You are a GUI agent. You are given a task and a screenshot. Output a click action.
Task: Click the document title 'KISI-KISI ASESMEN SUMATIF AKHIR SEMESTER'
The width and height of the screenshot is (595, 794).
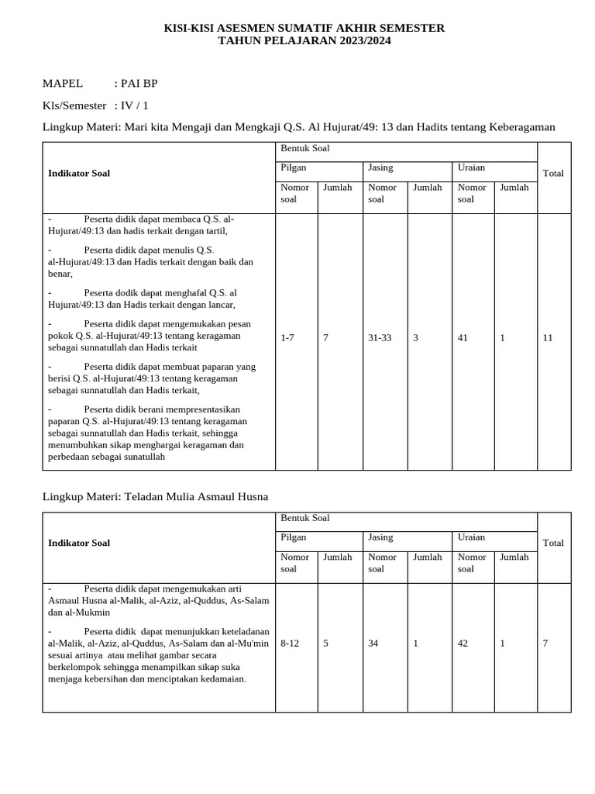tap(304, 28)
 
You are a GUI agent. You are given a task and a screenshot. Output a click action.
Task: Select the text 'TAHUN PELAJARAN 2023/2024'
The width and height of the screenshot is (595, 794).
tap(304, 41)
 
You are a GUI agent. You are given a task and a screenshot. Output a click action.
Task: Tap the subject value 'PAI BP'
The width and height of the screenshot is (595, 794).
tap(139, 84)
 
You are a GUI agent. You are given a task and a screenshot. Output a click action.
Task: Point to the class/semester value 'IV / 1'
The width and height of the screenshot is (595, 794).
tap(135, 105)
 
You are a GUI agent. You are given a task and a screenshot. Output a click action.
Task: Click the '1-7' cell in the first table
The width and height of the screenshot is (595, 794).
tap(287, 338)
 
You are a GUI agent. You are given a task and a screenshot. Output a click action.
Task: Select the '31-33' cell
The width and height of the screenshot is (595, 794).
tap(380, 338)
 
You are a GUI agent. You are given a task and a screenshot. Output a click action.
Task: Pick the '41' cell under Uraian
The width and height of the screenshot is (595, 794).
tap(463, 338)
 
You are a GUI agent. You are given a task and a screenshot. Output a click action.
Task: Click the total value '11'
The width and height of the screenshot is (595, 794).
tap(548, 338)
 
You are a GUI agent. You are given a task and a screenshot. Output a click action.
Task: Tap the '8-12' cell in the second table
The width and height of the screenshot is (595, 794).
tap(290, 644)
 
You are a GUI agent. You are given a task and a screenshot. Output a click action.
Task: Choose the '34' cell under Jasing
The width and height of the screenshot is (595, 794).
tap(373, 644)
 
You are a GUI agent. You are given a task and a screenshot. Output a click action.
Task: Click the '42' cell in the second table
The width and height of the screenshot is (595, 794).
tap(463, 644)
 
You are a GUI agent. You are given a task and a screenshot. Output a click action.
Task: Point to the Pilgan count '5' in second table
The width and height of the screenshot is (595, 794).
tap(326, 644)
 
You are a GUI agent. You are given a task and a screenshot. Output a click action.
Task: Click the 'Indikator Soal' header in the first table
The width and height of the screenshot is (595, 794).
tap(79, 174)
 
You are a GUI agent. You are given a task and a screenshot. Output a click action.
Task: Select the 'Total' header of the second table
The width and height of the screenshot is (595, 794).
tap(553, 544)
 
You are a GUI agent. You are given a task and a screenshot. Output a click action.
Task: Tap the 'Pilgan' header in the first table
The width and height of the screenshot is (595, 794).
tap(293, 167)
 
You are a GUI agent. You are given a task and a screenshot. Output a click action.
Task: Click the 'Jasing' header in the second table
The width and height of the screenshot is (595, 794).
tap(380, 537)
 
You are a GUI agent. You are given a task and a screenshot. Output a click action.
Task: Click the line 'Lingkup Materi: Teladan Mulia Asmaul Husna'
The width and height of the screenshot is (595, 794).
tap(155, 496)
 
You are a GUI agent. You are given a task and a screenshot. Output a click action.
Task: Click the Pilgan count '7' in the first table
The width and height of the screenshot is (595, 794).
tap(326, 338)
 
